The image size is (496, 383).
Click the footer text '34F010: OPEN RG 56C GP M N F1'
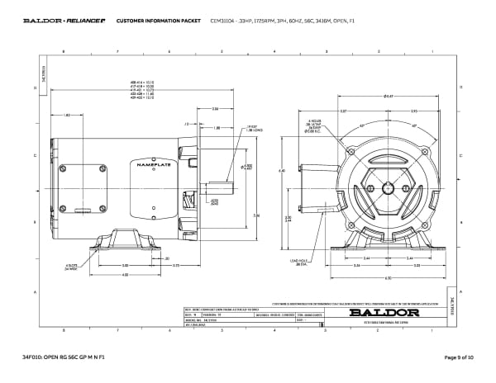pos(64,357)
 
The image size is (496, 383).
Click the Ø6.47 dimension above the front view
pos(388,97)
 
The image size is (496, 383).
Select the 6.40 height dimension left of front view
pos(282,171)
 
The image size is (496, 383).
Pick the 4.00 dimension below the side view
pos(126,275)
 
